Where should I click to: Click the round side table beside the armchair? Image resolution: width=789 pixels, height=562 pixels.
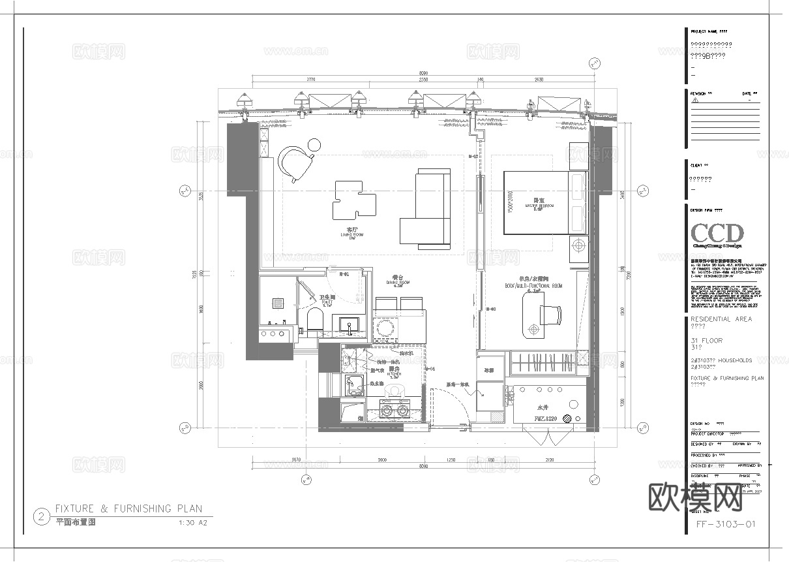(315, 145)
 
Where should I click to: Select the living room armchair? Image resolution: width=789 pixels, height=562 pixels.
(294, 163)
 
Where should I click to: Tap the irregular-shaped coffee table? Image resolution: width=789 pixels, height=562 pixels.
(353, 198)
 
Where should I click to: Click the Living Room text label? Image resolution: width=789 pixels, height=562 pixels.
(352, 232)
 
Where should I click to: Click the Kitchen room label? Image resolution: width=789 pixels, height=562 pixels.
(394, 373)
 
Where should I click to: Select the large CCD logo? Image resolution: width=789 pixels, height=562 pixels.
(717, 234)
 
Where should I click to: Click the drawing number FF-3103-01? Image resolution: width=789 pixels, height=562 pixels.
(726, 524)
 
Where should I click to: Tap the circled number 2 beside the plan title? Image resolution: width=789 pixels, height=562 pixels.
(42, 518)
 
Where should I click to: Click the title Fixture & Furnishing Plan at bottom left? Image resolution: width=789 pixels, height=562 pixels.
(128, 508)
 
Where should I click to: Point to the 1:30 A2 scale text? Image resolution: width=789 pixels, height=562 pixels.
(192, 523)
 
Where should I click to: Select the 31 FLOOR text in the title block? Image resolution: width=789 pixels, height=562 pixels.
(706, 341)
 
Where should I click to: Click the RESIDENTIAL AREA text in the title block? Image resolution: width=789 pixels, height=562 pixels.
(721, 319)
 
